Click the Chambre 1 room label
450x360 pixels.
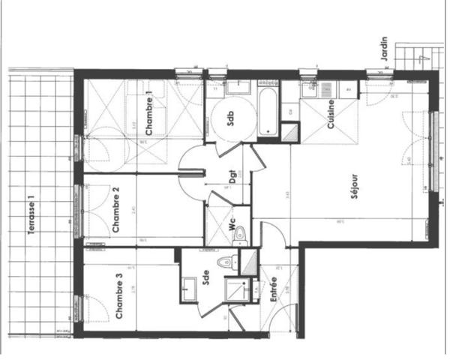(149, 112)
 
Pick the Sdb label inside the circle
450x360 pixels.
(231, 120)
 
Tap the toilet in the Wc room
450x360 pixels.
(239, 235)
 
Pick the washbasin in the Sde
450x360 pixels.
(187, 287)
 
